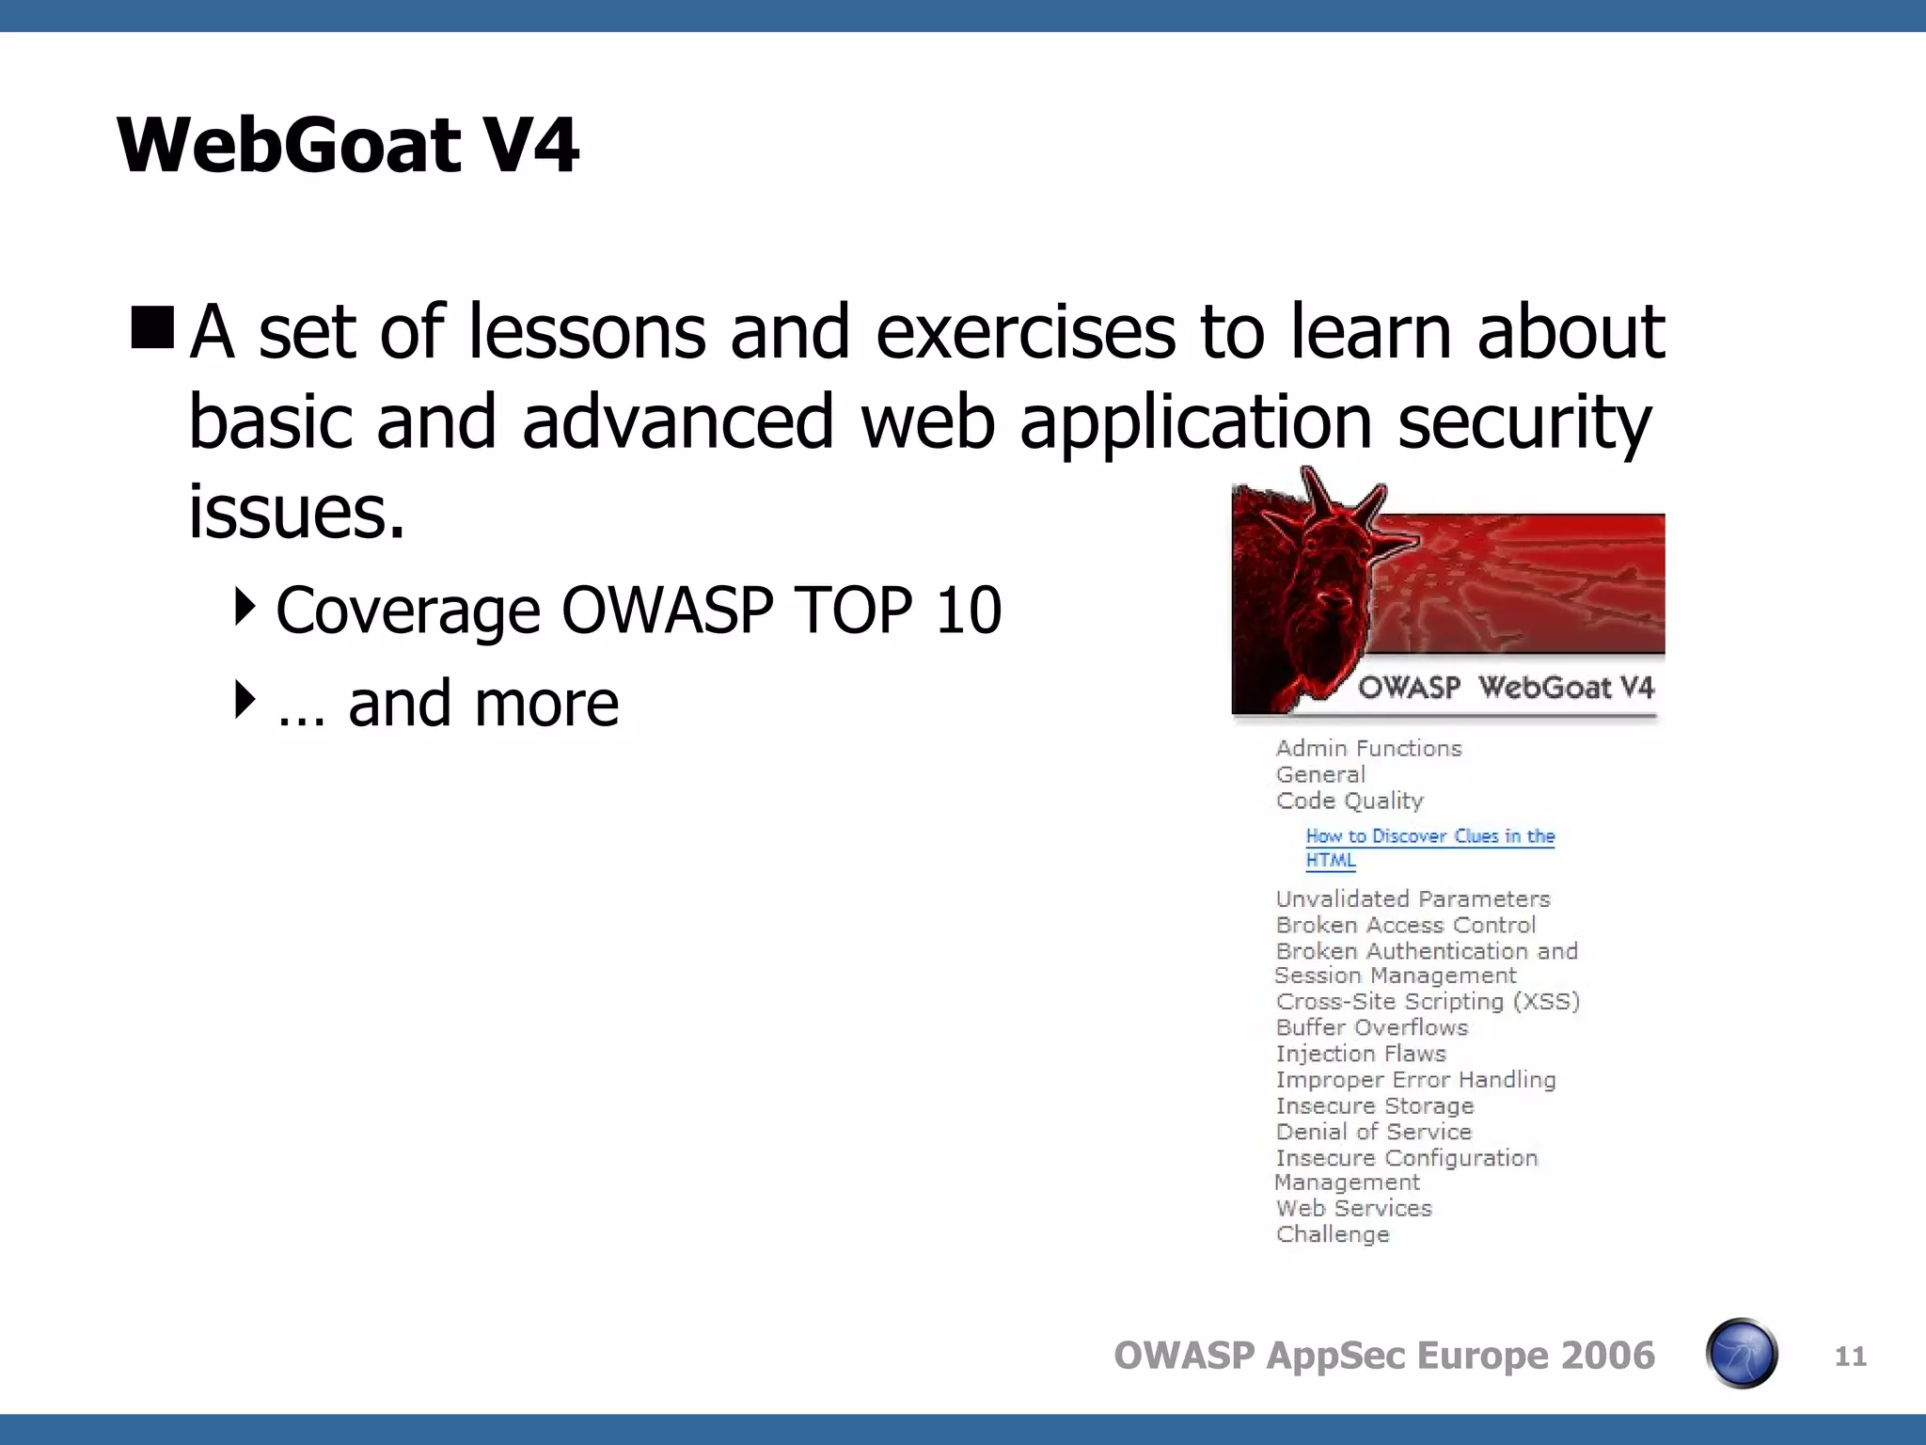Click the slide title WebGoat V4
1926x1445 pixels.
347,145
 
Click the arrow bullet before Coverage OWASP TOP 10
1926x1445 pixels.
245,607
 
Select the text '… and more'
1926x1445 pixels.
448,704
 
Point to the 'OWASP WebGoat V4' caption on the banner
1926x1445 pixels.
1505,688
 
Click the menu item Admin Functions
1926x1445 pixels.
1368,749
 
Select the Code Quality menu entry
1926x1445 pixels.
1350,801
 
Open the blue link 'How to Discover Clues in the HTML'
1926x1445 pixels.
1429,836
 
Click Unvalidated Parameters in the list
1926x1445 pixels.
1413,899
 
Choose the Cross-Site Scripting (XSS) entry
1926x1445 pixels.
1428,1002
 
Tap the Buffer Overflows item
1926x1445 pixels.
1371,1028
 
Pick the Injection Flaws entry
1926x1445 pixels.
1360,1055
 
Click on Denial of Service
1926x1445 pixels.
1373,1133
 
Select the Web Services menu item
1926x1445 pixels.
1353,1209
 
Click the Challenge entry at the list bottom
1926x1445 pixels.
1333,1235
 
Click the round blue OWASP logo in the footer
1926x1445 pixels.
1741,1354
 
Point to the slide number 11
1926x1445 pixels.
1850,1356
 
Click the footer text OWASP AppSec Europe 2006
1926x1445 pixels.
1383,1356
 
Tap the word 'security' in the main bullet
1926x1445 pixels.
1523,422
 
